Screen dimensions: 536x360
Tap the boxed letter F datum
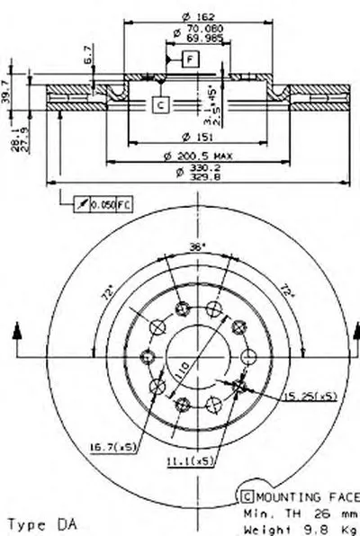pos(191,59)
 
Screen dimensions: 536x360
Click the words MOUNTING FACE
pos(305,496)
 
